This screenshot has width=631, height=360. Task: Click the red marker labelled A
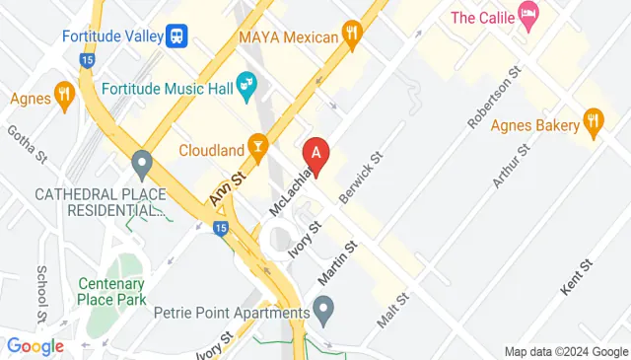[x=316, y=153]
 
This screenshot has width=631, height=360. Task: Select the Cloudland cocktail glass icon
[x=258, y=150]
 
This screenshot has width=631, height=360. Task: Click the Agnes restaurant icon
[x=65, y=97]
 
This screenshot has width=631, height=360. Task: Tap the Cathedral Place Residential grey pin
[x=142, y=161]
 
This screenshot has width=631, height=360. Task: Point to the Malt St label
[x=392, y=310]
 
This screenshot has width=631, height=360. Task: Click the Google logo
[x=35, y=346]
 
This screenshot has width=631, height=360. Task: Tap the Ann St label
[x=226, y=187]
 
